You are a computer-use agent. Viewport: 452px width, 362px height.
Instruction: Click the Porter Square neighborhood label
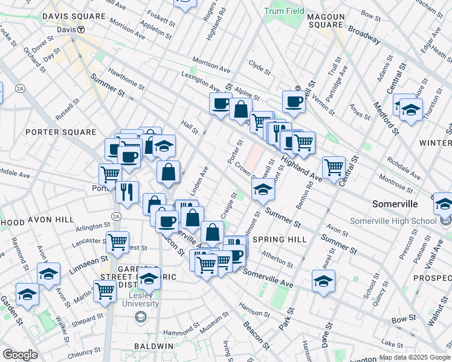(61, 132)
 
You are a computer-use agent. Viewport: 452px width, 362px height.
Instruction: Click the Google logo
(19, 355)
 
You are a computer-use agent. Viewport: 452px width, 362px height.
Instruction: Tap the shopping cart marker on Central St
(334, 167)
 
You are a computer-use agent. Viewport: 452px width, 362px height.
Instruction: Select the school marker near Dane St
(323, 280)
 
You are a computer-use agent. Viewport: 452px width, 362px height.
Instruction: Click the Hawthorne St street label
(126, 78)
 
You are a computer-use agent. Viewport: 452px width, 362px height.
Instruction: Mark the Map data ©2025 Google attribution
(415, 357)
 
